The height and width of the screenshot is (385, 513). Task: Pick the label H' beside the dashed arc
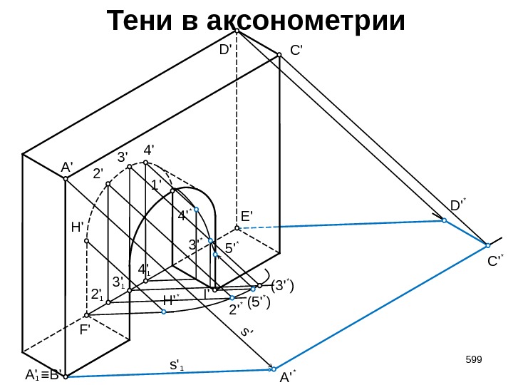pos(78,227)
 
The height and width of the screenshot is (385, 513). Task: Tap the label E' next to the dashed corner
pos(247,215)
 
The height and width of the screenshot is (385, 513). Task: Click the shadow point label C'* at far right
pos(495,262)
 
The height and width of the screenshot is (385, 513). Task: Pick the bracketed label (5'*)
pos(260,303)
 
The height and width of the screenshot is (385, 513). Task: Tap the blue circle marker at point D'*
pos(444,221)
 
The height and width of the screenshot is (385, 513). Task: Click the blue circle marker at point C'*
pos(487,245)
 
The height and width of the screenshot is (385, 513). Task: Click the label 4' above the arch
pos(149,151)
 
